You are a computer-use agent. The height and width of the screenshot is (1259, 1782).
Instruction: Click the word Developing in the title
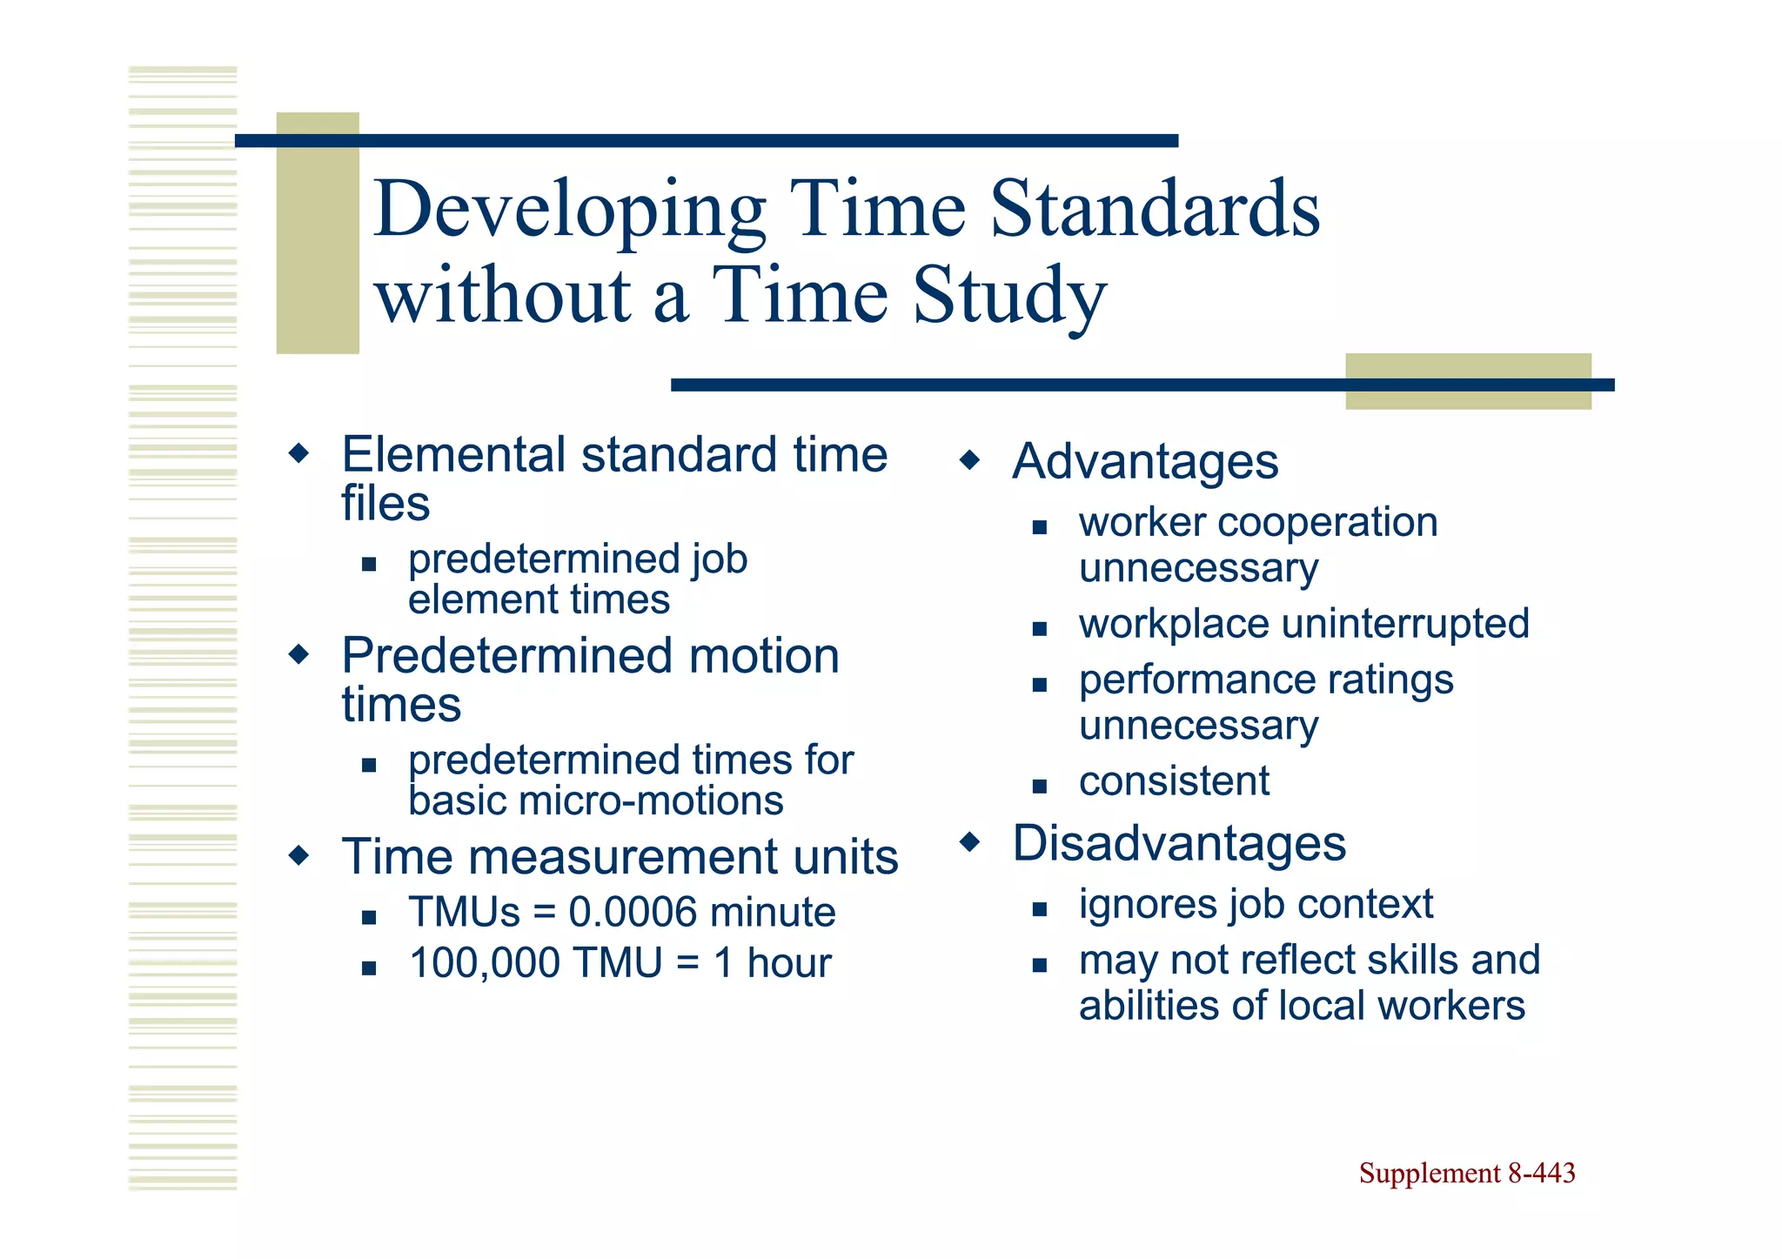tap(570, 211)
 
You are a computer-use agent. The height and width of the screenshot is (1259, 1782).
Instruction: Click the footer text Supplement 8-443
tap(1467, 1173)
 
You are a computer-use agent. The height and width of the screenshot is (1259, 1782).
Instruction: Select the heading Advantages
tap(1145, 461)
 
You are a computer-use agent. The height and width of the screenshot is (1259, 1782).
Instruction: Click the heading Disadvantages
tap(1179, 843)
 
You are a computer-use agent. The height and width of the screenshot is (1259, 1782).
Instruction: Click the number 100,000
tap(485, 963)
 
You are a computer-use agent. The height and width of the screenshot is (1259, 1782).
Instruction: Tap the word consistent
tap(1174, 781)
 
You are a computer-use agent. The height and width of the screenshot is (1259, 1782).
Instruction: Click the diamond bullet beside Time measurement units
tap(298, 855)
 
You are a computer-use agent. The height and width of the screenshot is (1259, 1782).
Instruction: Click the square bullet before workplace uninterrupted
tap(1039, 628)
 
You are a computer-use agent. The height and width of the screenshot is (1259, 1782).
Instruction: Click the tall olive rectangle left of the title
tap(318, 233)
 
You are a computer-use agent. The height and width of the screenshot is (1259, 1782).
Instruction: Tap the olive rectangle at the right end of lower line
tap(1468, 381)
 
